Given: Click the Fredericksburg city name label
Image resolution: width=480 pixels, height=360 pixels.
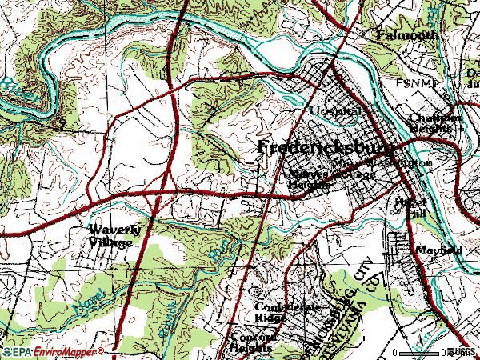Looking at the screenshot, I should [325, 149].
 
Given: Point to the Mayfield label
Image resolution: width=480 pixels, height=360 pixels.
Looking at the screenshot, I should [438, 250].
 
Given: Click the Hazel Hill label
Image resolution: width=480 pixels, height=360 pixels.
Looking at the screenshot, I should [413, 207].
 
